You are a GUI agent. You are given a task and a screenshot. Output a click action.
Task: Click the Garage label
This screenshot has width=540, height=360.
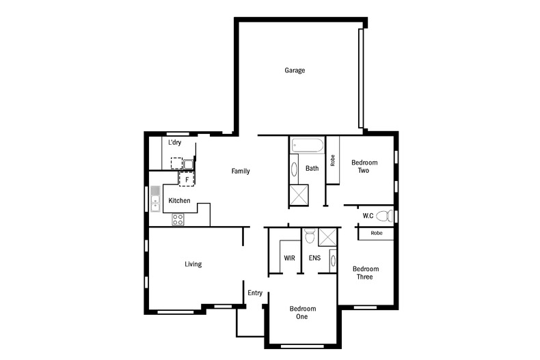pyautogui.click(x=295, y=70)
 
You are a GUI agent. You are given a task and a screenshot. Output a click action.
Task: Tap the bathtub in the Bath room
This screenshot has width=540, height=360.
pyautogui.click(x=307, y=146)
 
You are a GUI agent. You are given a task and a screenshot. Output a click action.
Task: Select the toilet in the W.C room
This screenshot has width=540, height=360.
pyautogui.click(x=386, y=217)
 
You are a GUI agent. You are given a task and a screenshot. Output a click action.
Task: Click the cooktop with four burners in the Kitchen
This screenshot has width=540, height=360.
pyautogui.click(x=177, y=219)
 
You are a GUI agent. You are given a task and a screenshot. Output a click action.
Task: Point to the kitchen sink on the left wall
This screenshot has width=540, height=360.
pyautogui.click(x=155, y=198)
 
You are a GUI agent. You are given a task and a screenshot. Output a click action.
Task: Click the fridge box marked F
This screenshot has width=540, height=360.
pyautogui.click(x=187, y=179)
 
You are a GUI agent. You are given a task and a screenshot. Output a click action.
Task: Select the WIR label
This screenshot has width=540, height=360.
pyautogui.click(x=289, y=258)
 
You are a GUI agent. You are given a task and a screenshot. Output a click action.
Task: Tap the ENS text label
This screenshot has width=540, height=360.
pyautogui.click(x=314, y=258)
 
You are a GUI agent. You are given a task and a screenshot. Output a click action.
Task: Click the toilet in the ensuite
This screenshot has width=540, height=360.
pyautogui.click(x=310, y=236)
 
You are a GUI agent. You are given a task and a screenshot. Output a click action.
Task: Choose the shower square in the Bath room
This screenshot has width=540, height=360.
pyautogui.click(x=299, y=195)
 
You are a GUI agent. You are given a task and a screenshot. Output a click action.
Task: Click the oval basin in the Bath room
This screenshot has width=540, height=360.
pyautogui.click(x=295, y=169)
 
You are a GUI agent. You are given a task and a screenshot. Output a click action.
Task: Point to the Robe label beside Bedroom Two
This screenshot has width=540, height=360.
pyautogui.click(x=333, y=161)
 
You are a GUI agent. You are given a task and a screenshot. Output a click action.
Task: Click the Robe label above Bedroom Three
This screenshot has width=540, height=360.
pyautogui.click(x=376, y=233)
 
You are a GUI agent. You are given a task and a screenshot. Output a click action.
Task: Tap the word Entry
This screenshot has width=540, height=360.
pyautogui.click(x=255, y=293)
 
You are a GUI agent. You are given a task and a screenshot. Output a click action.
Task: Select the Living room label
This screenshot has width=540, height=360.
pyautogui.click(x=193, y=264)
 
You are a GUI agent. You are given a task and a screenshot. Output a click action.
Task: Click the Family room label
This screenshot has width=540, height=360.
pyautogui.click(x=240, y=171)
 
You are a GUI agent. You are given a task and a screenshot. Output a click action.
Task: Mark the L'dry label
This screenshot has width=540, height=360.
pyautogui.click(x=175, y=142)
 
